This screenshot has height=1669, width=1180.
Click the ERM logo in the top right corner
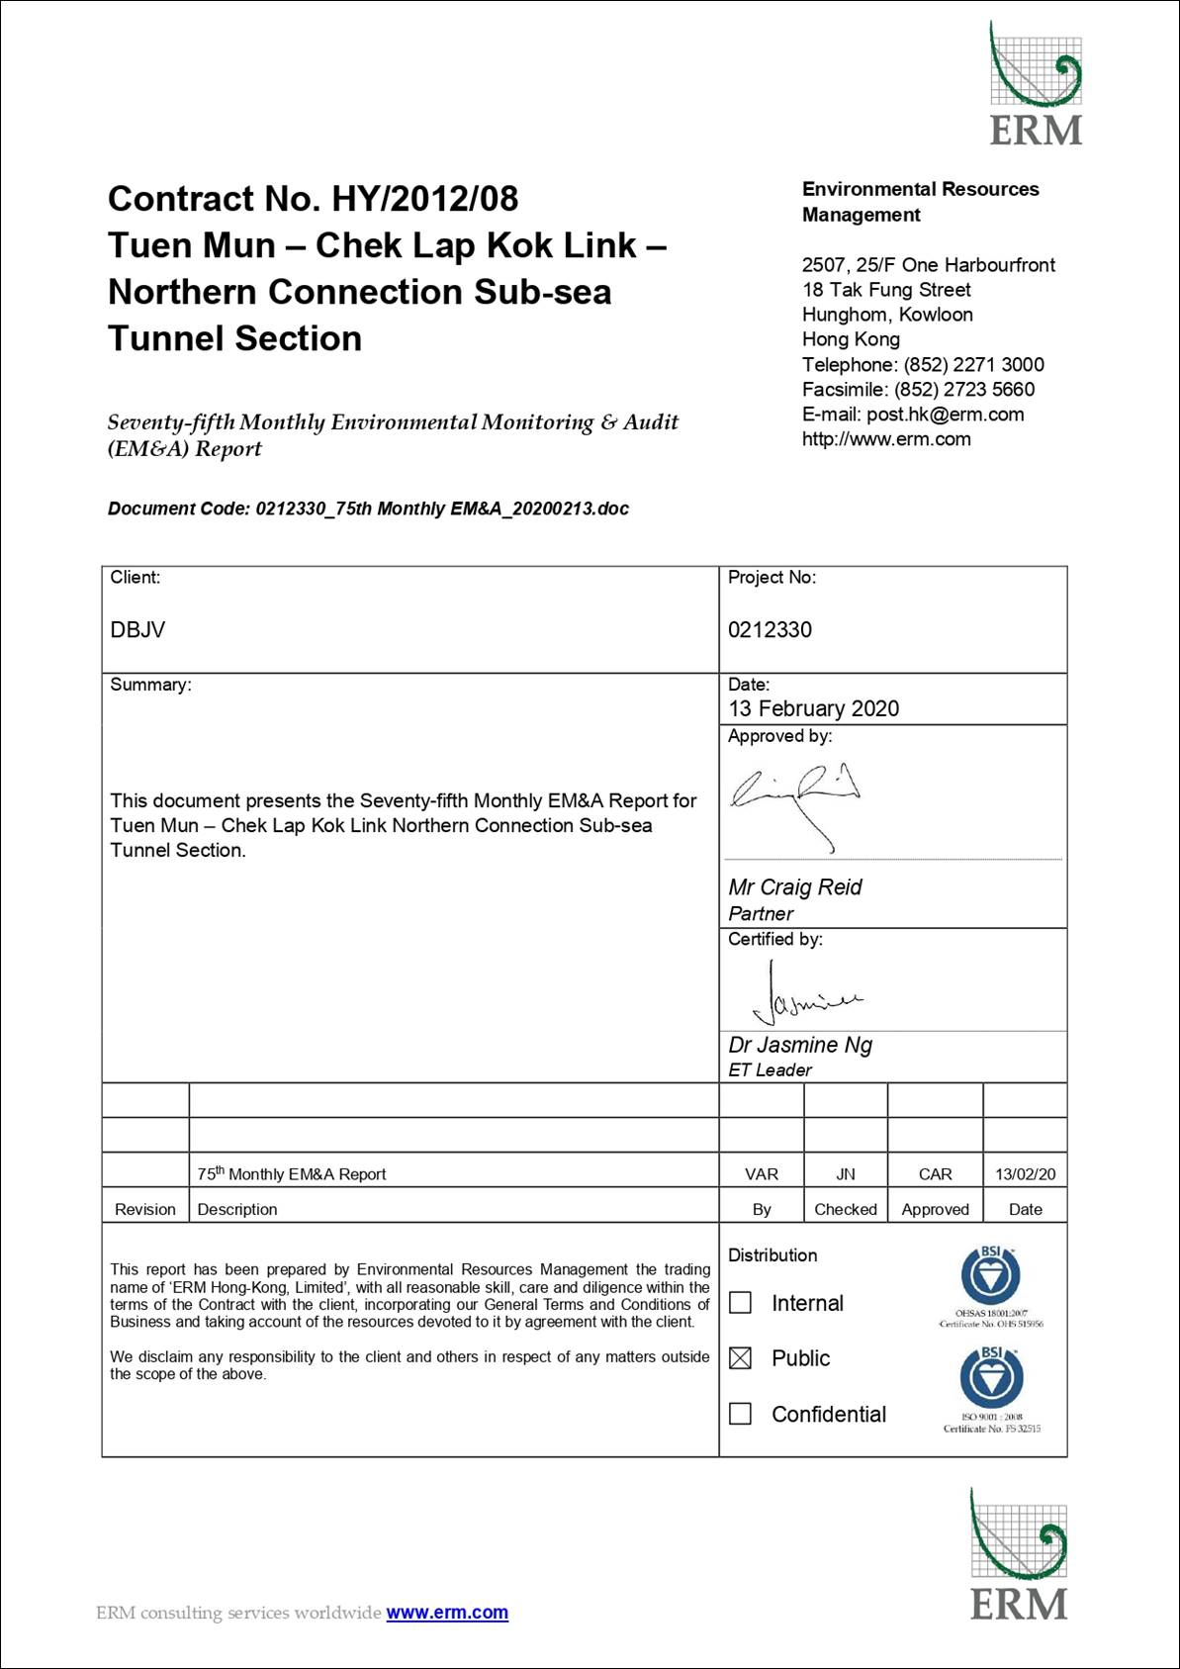click(1036, 85)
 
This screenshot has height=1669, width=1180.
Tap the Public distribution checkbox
click(740, 1358)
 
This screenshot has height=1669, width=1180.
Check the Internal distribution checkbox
click(740, 1303)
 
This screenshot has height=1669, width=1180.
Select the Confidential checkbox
click(740, 1414)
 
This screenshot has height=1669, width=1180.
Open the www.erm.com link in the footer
click(447, 1613)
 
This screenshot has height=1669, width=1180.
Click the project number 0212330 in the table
click(770, 630)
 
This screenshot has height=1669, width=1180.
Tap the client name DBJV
click(137, 630)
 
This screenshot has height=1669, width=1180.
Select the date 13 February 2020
click(813, 708)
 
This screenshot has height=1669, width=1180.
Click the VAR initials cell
click(761, 1174)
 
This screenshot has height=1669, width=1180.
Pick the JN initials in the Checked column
click(846, 1174)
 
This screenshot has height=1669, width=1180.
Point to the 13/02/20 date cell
click(1025, 1174)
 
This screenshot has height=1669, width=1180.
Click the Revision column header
click(145, 1209)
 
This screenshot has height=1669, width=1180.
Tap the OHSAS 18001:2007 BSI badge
click(990, 1284)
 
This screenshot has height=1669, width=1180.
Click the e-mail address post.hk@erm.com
click(945, 415)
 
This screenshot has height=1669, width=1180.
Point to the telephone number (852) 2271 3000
click(973, 365)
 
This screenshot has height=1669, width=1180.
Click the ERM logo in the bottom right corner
click(1019, 1555)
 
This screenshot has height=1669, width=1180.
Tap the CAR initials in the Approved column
click(935, 1174)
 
